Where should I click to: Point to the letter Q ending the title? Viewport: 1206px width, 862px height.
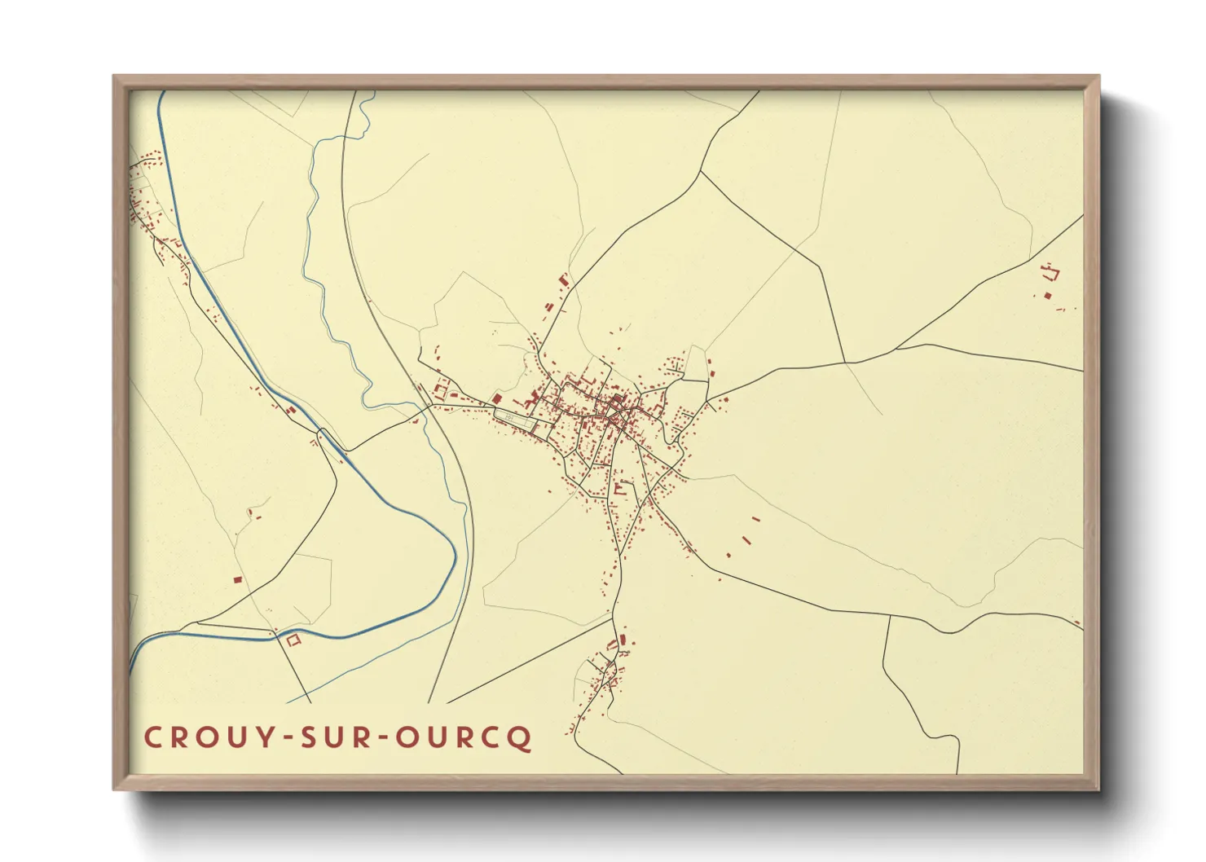(x=522, y=739)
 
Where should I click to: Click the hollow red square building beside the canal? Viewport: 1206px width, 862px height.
(x=293, y=640)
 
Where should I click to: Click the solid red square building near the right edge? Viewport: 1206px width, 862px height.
(x=1048, y=296)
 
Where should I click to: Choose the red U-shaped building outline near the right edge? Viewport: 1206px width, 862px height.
(x=1050, y=270)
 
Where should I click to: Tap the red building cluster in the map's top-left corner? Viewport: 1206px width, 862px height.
(x=147, y=187)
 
